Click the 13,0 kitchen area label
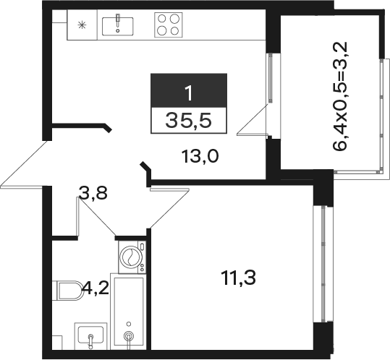point(200,157)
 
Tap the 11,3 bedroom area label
point(239,278)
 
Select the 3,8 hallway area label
point(93,193)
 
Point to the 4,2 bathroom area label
point(96,288)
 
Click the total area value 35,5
point(189,120)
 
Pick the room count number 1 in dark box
point(189,93)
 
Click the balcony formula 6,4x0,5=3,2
point(340,96)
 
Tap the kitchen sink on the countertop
point(117,26)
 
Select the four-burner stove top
point(169,25)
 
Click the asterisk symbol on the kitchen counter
point(82,25)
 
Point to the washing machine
point(132,257)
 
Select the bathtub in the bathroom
point(129,312)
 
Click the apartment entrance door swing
point(24,164)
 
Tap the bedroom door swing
point(169,207)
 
